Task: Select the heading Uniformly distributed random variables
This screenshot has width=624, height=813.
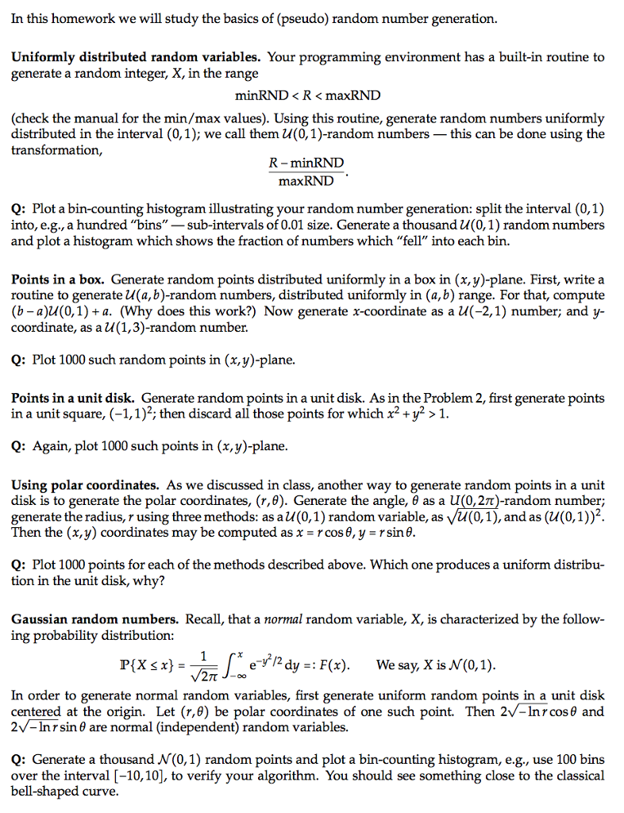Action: (136, 57)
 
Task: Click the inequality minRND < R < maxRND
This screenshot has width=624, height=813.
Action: (308, 95)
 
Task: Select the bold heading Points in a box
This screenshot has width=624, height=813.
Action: (57, 279)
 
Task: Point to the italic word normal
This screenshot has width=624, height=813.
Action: (286, 618)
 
